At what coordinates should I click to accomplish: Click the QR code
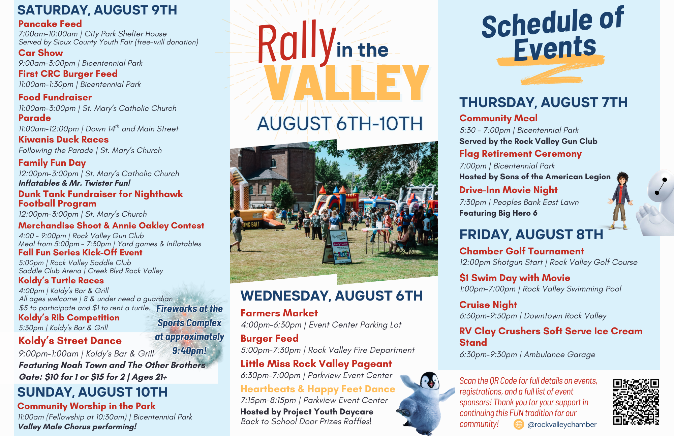click(636, 402)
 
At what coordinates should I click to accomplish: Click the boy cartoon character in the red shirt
click(621, 201)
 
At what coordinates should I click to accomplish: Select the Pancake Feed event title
click(50, 24)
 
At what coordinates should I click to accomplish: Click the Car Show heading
click(40, 53)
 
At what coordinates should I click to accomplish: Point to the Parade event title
click(34, 118)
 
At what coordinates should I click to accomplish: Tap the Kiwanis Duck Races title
click(63, 139)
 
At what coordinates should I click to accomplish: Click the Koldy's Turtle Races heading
click(61, 281)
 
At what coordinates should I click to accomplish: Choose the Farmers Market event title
click(279, 313)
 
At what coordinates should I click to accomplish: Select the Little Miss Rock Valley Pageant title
click(316, 364)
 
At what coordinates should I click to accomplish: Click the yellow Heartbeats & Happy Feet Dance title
click(318, 389)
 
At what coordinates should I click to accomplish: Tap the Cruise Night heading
click(488, 305)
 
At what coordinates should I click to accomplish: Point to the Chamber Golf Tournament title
click(522, 251)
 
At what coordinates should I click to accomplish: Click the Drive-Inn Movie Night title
click(508, 190)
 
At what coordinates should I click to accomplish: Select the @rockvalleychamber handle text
click(562, 425)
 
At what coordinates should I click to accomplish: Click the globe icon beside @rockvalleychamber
click(519, 425)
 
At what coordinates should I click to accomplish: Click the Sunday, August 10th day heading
click(92, 392)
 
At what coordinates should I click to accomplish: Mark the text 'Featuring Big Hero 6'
click(498, 213)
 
